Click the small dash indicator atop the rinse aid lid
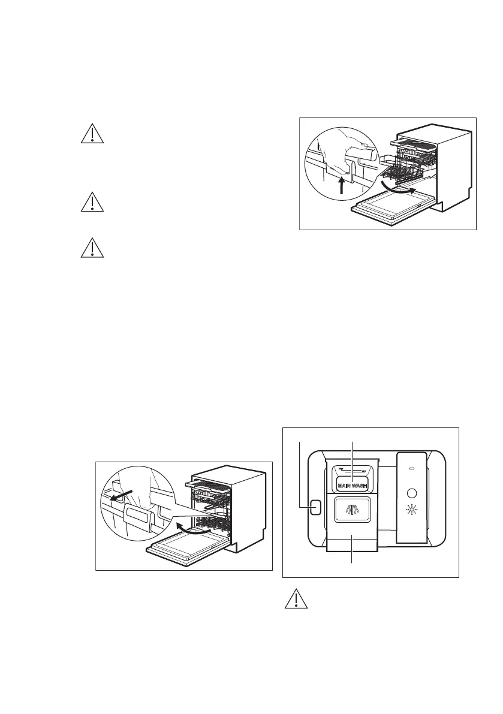[411, 470]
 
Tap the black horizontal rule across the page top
[251, 20]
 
